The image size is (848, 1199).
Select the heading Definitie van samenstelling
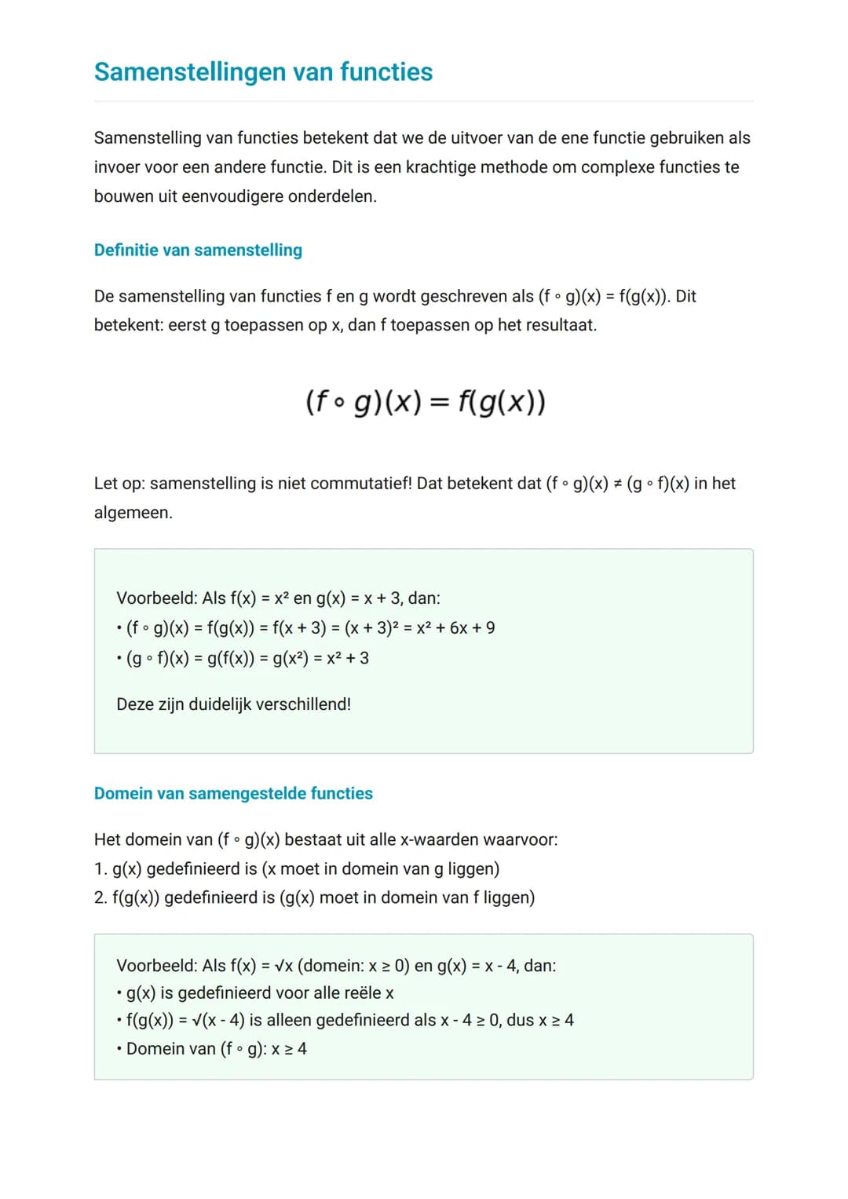click(198, 250)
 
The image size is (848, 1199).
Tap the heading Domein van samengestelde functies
click(233, 793)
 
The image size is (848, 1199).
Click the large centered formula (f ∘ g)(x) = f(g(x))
click(425, 402)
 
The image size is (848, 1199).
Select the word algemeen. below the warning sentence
click(133, 513)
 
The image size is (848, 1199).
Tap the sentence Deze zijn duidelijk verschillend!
click(233, 704)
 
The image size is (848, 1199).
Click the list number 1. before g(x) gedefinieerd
click(101, 869)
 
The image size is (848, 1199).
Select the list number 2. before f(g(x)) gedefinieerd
click(101, 897)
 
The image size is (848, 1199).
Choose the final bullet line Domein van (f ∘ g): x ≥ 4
click(216, 1049)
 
